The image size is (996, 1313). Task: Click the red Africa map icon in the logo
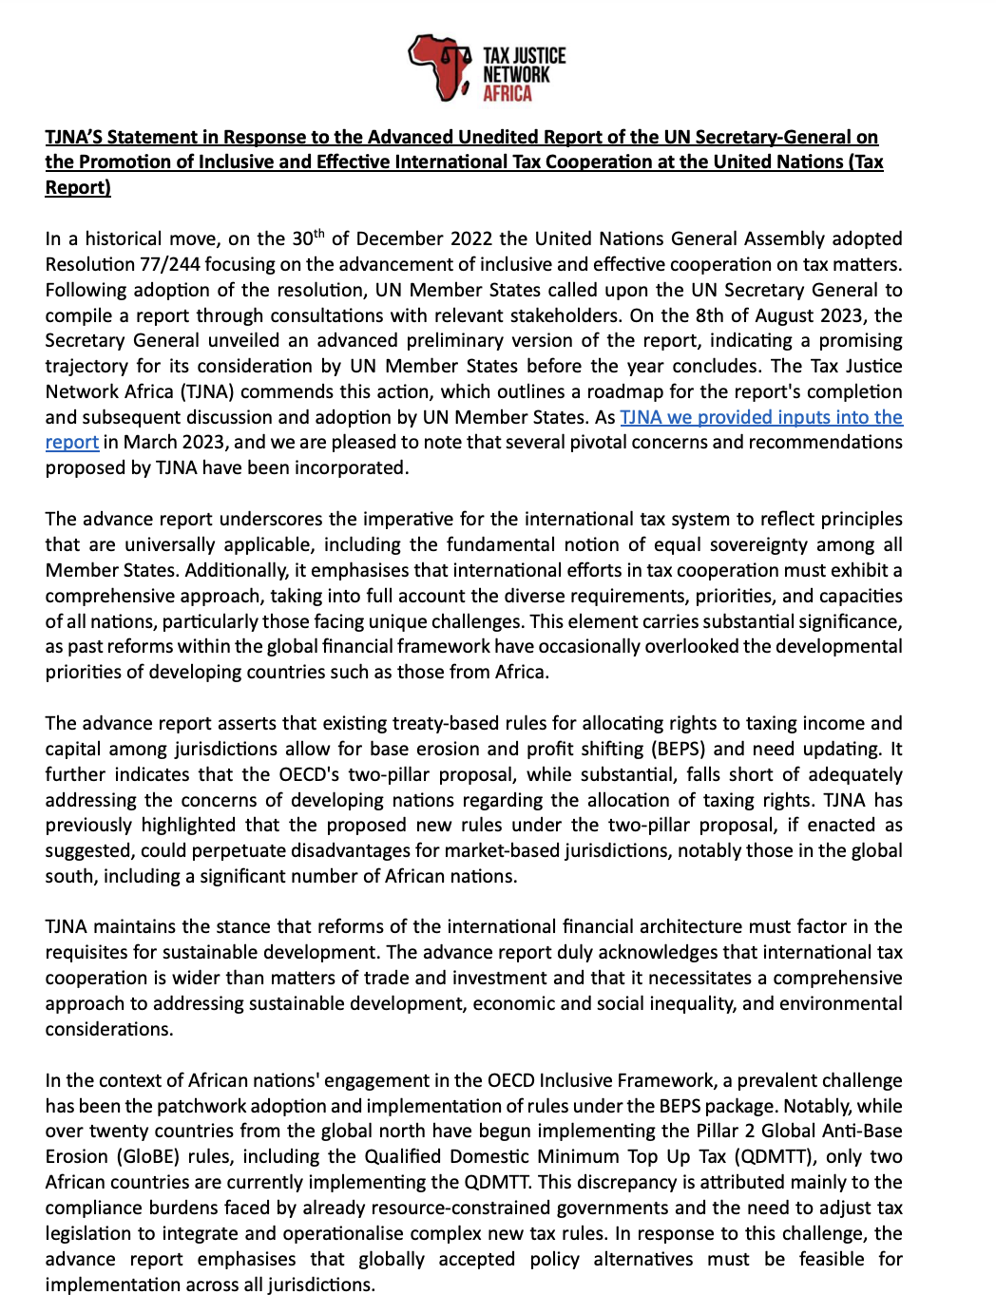click(438, 67)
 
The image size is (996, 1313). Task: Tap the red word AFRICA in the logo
click(508, 93)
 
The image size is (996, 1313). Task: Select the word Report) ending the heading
click(78, 187)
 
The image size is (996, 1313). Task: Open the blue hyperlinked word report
click(72, 443)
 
